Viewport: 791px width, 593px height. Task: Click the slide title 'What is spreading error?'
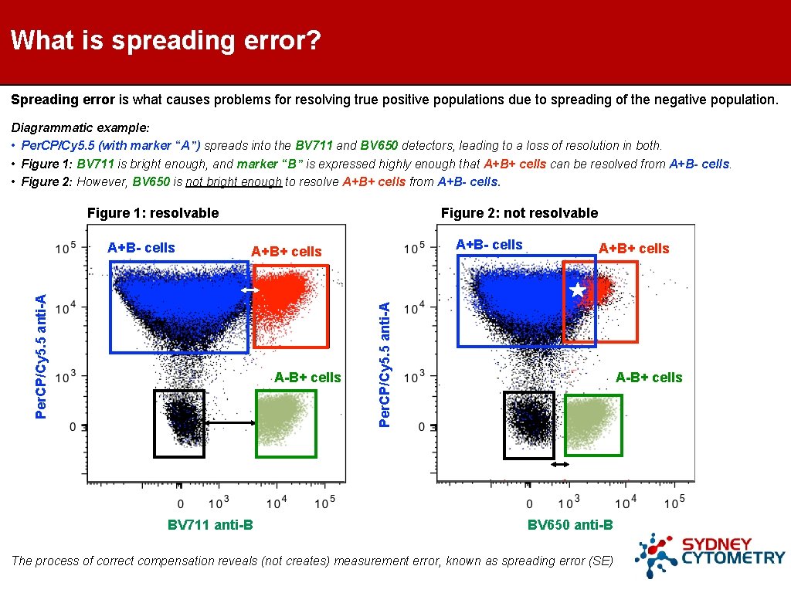pos(166,40)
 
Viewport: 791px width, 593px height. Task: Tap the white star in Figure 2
pos(577,290)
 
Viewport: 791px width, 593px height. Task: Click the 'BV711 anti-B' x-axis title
pos(210,525)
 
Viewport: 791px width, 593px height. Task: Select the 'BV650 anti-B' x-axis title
pos(570,525)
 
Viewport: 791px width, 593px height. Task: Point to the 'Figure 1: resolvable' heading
pos(153,213)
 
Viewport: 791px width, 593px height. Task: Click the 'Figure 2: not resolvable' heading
pos(519,213)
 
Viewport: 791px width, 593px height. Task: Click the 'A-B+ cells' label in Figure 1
pos(307,378)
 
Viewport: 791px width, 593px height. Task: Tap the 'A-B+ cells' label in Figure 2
pos(649,378)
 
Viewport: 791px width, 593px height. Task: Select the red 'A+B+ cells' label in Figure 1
pos(286,252)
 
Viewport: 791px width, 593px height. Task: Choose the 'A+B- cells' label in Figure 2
pos(489,245)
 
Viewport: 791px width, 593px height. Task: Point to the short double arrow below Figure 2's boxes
pos(559,464)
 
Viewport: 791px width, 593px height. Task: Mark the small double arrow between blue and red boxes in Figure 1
pos(250,290)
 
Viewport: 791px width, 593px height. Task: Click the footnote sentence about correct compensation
pos(312,561)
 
